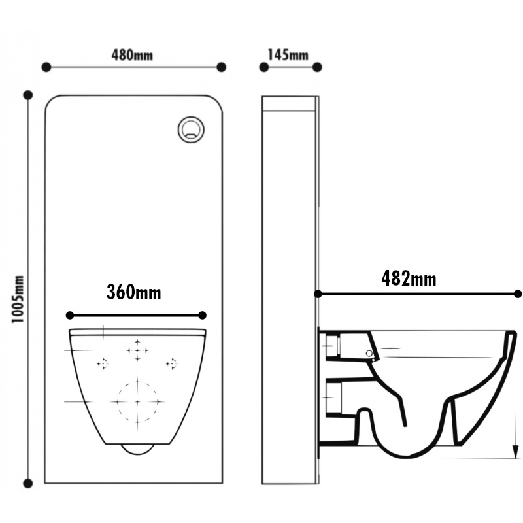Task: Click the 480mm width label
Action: tap(132, 54)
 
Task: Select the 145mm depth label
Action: tap(288, 54)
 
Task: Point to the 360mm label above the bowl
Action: tap(134, 292)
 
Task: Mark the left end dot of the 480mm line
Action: tap(46, 67)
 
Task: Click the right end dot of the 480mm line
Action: tap(221, 67)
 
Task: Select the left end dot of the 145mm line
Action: tap(263, 67)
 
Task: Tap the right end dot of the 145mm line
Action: tap(317, 67)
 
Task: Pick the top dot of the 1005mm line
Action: tap(27, 95)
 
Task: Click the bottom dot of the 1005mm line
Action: tap(27, 484)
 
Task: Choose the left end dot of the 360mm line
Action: tap(69, 314)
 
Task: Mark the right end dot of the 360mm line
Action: tap(202, 314)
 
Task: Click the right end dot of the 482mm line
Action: tap(517, 294)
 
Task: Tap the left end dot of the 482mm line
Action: tap(318, 294)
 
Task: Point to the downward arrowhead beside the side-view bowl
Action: tap(515, 450)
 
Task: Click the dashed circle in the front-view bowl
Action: tap(137, 400)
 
